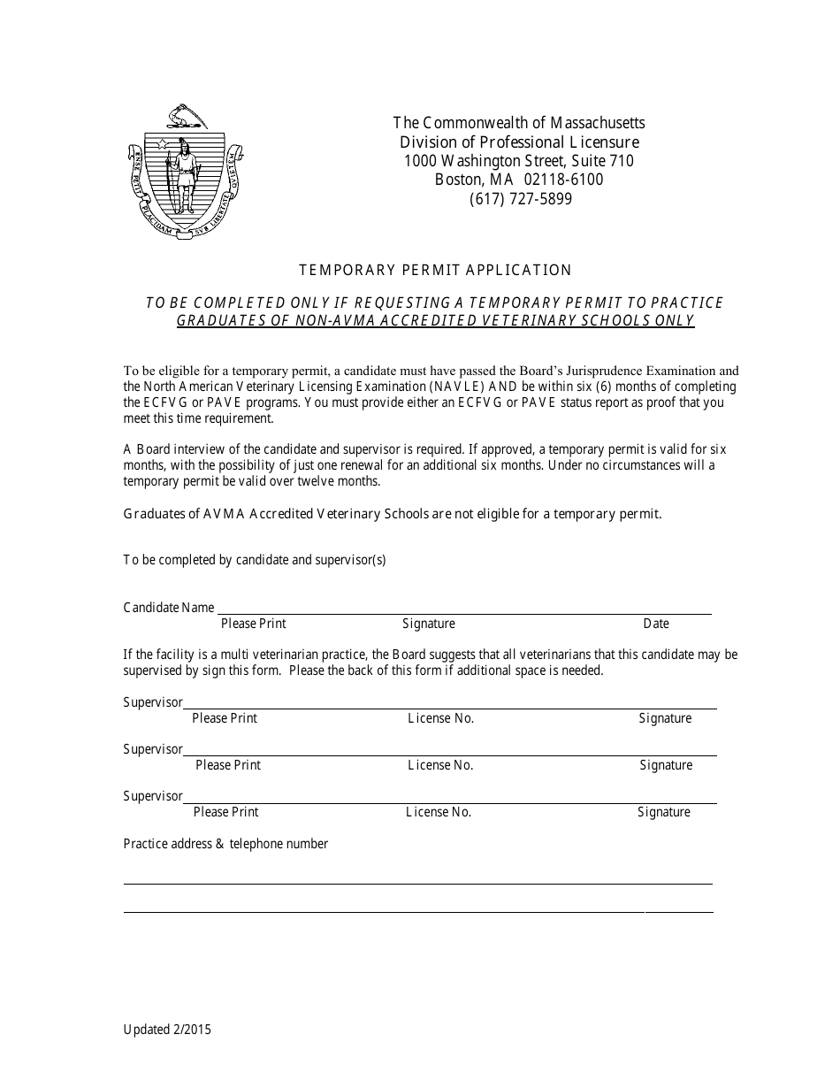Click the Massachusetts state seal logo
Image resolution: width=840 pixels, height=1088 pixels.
pyautogui.click(x=185, y=171)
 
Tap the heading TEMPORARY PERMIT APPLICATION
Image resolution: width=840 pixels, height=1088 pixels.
pyautogui.click(x=435, y=271)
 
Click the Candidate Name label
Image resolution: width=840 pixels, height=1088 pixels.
pyautogui.click(x=169, y=608)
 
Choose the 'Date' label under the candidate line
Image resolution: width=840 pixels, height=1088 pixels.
pyautogui.click(x=656, y=624)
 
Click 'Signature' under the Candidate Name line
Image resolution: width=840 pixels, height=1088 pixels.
pyautogui.click(x=429, y=624)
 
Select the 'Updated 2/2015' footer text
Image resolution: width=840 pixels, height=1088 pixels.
pyautogui.click(x=167, y=1030)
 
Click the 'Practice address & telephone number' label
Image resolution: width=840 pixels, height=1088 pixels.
pyautogui.click(x=225, y=844)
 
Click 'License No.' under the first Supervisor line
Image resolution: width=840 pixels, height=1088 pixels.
pyautogui.click(x=441, y=718)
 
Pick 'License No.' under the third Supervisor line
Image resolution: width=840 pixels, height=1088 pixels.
pyautogui.click(x=439, y=812)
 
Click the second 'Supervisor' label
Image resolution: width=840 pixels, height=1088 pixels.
pyautogui.click(x=153, y=749)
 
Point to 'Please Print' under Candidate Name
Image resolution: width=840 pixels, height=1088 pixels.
pyautogui.click(x=254, y=624)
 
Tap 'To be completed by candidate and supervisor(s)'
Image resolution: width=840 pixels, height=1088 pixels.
pyautogui.click(x=255, y=560)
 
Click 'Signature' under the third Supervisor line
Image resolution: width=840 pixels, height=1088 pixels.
pyautogui.click(x=664, y=812)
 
